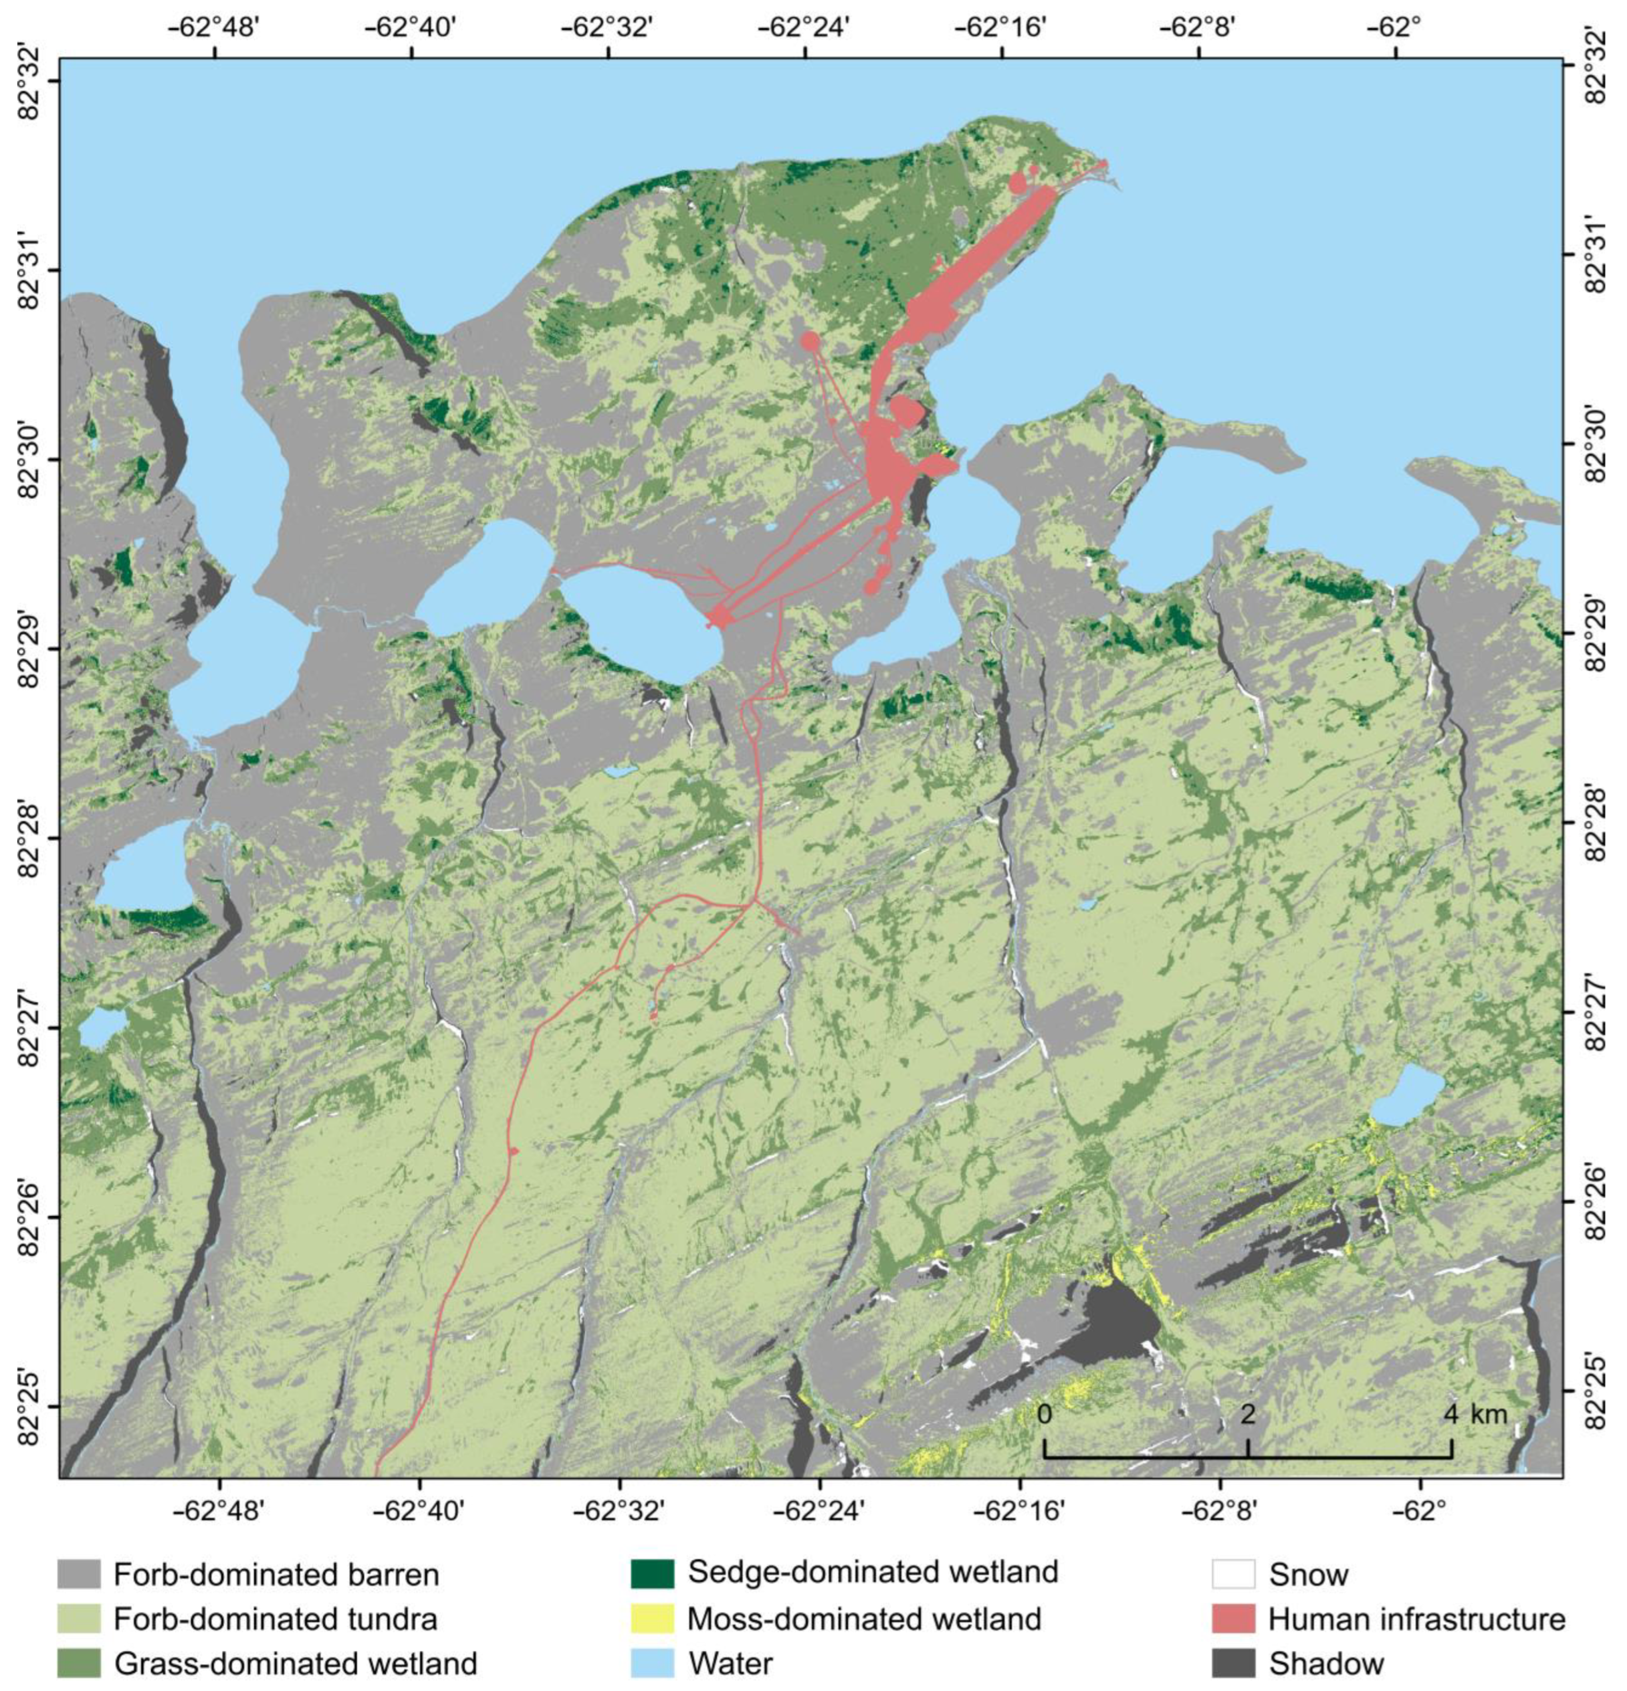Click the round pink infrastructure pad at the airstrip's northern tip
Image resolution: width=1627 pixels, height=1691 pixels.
(1018, 182)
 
